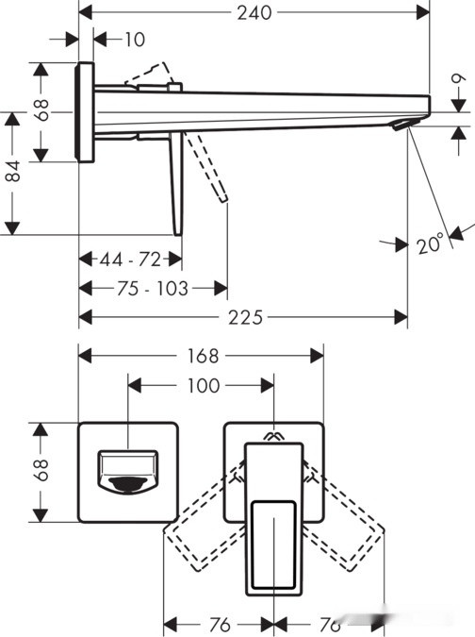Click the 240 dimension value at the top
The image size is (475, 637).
pyautogui.click(x=254, y=12)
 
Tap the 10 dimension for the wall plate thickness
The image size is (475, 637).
pyautogui.click(x=135, y=39)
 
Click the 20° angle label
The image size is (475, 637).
pyautogui.click(x=430, y=243)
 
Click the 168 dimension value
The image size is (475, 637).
pyautogui.click(x=202, y=356)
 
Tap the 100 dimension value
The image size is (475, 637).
pyautogui.click(x=204, y=385)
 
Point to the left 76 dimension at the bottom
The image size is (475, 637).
pyautogui.click(x=218, y=625)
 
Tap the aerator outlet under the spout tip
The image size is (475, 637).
pyautogui.click(x=403, y=126)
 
